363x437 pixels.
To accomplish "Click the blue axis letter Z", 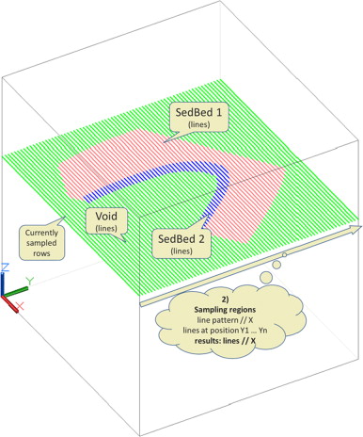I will [x=7, y=268].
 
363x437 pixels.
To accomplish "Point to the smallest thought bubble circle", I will [x=283, y=256].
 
